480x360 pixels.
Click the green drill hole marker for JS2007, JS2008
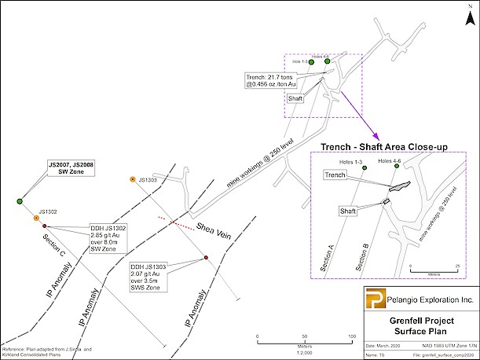click(x=20, y=202)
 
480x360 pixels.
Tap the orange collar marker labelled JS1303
click(x=133, y=180)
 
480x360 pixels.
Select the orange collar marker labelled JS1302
click(x=36, y=218)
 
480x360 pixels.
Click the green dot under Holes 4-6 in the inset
click(x=390, y=170)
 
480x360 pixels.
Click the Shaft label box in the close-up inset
click(x=346, y=211)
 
